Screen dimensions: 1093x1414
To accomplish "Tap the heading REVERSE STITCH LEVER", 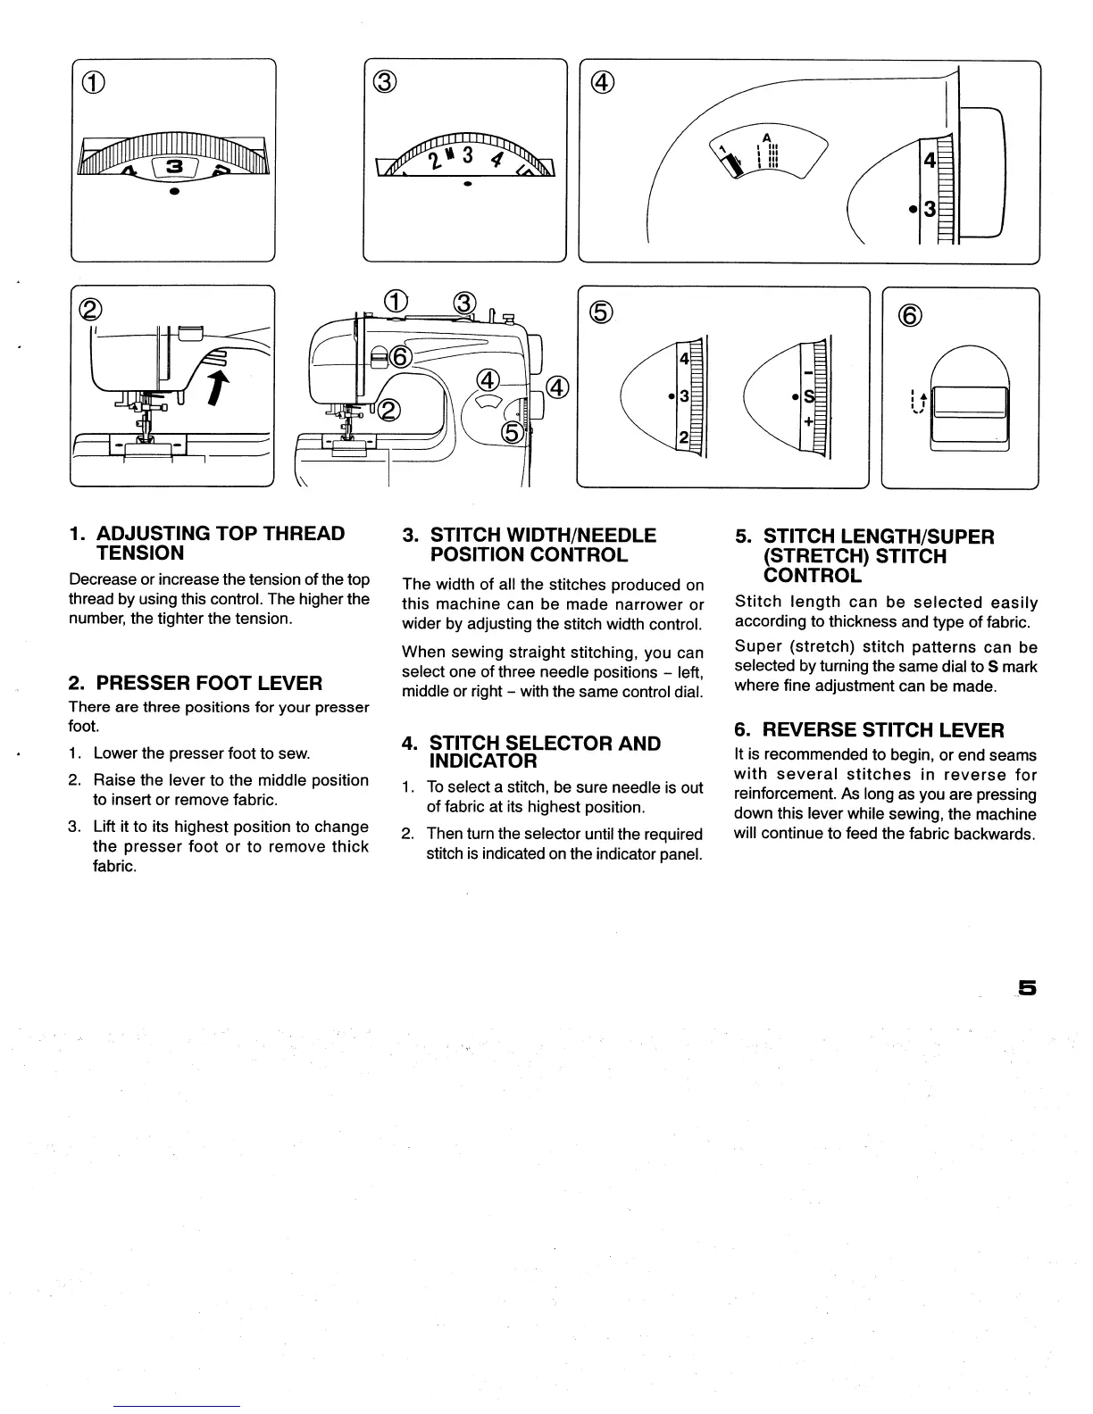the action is (x=884, y=730).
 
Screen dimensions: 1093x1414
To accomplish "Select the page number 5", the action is (x=1027, y=988).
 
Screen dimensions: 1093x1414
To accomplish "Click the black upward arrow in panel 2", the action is (x=217, y=389).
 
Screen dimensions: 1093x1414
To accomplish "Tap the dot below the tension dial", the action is (x=175, y=192).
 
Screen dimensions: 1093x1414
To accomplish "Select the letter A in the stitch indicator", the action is (x=766, y=137).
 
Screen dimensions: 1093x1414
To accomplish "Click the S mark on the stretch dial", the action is (x=809, y=395).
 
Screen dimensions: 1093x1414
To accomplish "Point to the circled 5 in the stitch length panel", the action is (x=602, y=312).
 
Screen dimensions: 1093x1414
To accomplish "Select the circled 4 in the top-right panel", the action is (x=603, y=82).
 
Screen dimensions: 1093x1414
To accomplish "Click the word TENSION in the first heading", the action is (x=140, y=553).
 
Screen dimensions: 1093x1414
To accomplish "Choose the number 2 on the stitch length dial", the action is (x=683, y=437).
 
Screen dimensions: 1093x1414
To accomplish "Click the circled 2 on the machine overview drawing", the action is (x=390, y=410).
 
